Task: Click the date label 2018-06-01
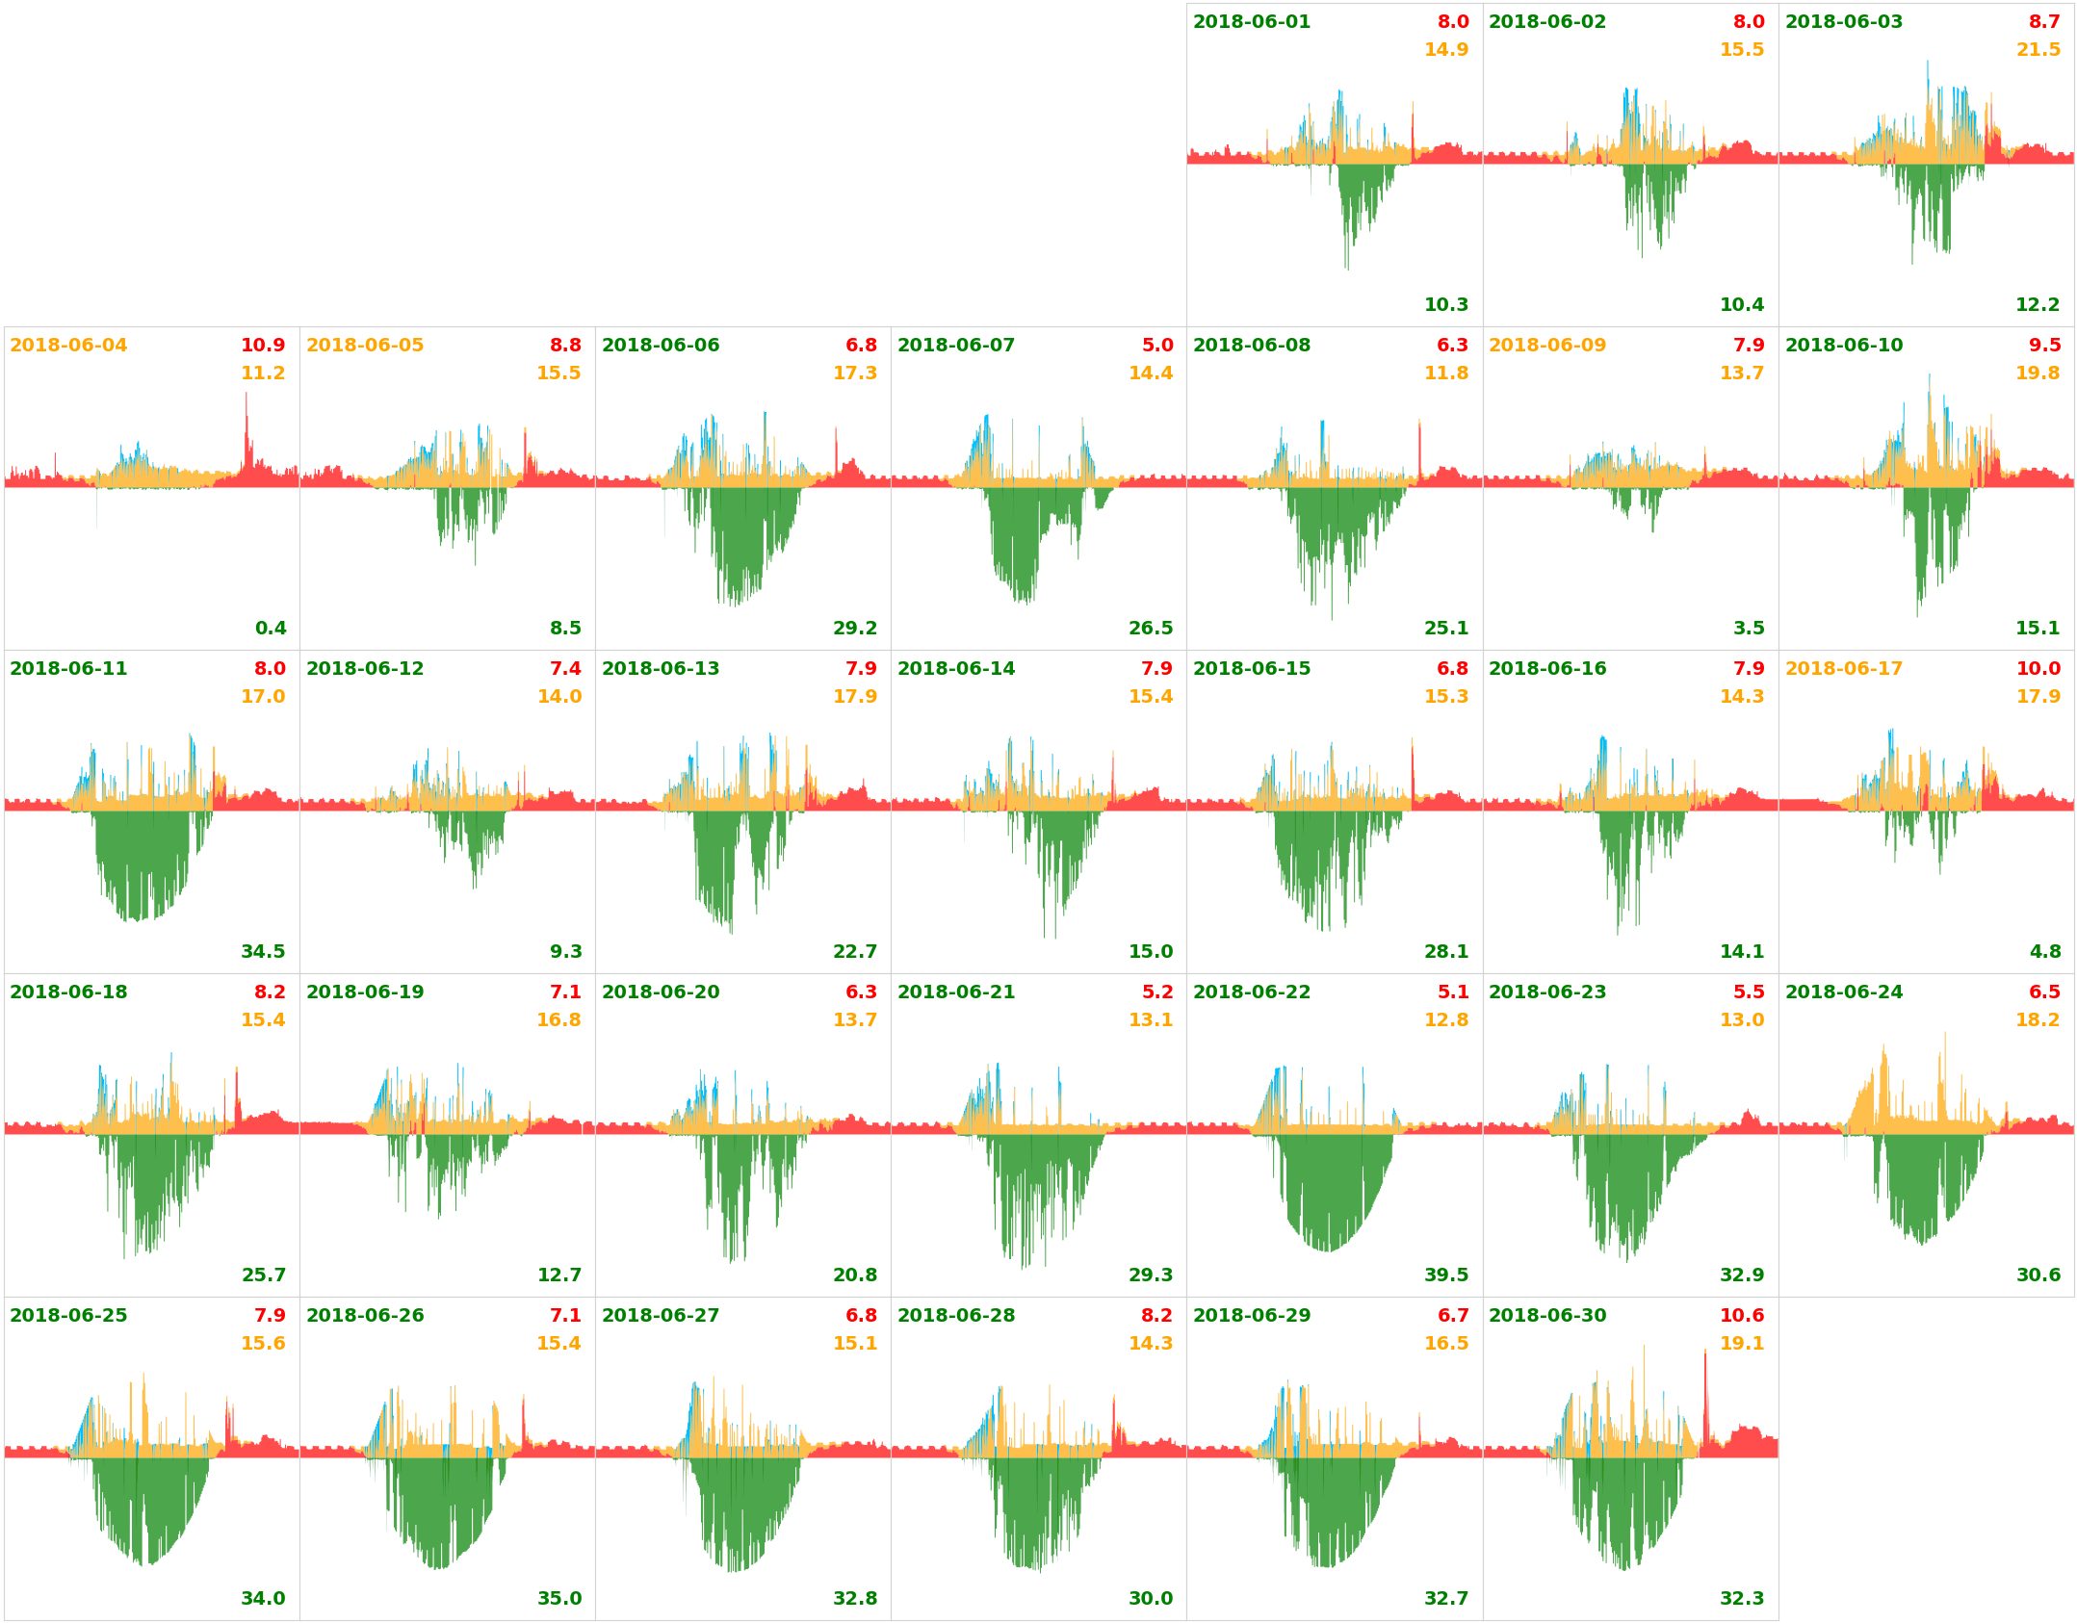click(x=1251, y=22)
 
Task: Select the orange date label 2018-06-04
click(x=68, y=346)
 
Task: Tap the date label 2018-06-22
click(x=1251, y=992)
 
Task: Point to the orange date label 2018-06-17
click(x=1843, y=669)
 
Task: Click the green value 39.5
click(x=1445, y=1275)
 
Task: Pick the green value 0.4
click(x=271, y=629)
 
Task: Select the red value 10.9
click(x=263, y=346)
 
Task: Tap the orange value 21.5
click(x=2038, y=50)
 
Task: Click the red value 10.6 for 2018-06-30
click(x=1741, y=1316)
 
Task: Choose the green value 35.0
click(x=559, y=1599)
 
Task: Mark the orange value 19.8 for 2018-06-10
click(x=2038, y=374)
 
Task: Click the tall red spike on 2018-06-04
click(x=247, y=424)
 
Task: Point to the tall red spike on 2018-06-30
click(x=1704, y=1386)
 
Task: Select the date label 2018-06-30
click(x=1547, y=1316)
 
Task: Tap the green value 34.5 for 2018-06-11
click(x=263, y=952)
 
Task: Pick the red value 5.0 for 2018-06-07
click(x=1157, y=346)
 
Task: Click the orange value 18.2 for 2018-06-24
click(x=2038, y=1020)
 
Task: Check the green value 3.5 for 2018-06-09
click(x=1749, y=629)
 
